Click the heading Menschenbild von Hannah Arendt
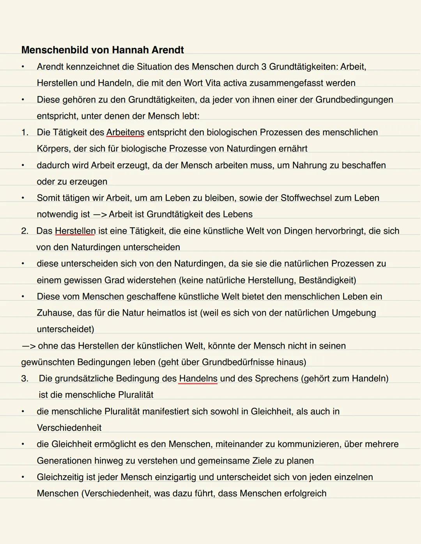coord(103,50)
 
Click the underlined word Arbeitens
coord(125,132)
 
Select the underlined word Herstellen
coord(75,231)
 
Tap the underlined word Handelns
coord(198,379)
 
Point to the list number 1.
coord(25,132)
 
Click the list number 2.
coord(25,231)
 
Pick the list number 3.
coord(25,379)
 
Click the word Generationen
coord(64,460)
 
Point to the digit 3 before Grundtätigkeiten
coord(264,67)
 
